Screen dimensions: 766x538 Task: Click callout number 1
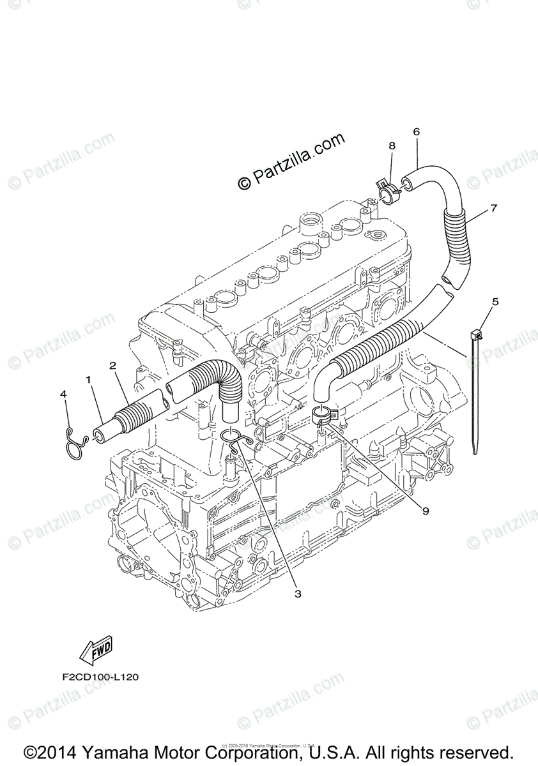pyautogui.click(x=89, y=379)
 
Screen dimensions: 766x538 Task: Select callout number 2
pyautogui.click(x=112, y=366)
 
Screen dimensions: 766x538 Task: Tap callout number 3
pyautogui.click(x=297, y=594)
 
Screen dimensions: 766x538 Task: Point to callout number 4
pyautogui.click(x=63, y=395)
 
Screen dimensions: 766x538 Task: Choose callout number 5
pyautogui.click(x=495, y=301)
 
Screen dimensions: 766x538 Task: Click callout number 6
pyautogui.click(x=416, y=132)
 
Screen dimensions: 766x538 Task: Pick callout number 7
pyautogui.click(x=493, y=207)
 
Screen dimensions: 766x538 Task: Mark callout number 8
pyautogui.click(x=392, y=146)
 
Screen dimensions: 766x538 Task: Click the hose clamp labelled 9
pyautogui.click(x=327, y=417)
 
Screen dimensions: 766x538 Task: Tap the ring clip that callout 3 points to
pyautogui.click(x=233, y=439)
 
